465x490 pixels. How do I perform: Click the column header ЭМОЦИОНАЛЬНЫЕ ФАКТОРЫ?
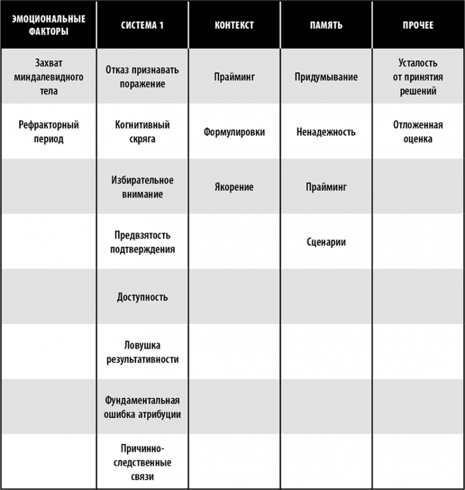[48, 25]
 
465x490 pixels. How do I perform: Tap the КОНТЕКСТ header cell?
[234, 25]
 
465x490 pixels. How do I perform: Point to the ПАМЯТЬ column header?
[325, 25]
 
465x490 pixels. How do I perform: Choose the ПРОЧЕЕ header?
[418, 25]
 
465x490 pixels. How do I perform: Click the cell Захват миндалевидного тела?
[48, 76]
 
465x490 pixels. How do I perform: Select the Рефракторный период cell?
[48, 132]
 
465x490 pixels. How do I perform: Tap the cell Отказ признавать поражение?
[142, 76]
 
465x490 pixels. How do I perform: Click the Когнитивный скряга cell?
[142, 132]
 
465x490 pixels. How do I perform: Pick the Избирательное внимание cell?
[142, 186]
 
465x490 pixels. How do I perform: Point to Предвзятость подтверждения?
[142, 242]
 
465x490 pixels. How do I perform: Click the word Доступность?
[142, 296]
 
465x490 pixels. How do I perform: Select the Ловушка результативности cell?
[142, 351]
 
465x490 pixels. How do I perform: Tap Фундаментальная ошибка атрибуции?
[142, 407]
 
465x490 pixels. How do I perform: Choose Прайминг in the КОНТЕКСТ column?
[234, 76]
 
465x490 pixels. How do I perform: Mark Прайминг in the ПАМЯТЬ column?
[326, 187]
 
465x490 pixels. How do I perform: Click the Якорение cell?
[234, 187]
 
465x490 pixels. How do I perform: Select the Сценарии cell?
[326, 242]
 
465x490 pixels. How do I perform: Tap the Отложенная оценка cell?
[418, 132]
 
